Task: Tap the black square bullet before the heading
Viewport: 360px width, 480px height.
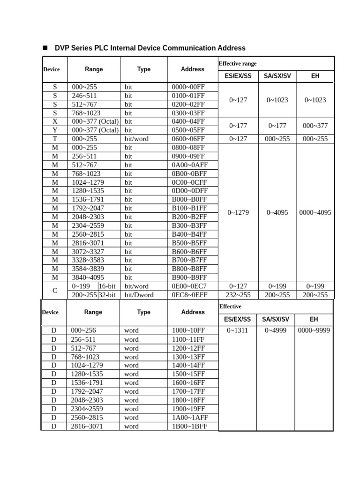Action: (x=45, y=48)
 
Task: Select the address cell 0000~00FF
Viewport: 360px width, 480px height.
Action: (x=188, y=87)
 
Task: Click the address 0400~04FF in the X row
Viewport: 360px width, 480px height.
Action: (x=188, y=121)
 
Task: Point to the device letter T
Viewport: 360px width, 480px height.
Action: (x=55, y=139)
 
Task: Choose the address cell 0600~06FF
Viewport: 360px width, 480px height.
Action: (x=188, y=139)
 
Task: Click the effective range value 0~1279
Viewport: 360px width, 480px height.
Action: (x=238, y=212)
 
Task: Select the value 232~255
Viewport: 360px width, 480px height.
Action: (x=238, y=295)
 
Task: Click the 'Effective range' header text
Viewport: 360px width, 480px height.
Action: (x=237, y=63)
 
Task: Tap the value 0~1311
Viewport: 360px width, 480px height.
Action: (x=237, y=330)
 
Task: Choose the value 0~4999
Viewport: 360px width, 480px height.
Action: (x=276, y=330)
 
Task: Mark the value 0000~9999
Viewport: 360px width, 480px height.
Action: (x=314, y=330)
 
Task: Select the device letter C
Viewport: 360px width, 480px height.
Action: (x=55, y=290)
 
